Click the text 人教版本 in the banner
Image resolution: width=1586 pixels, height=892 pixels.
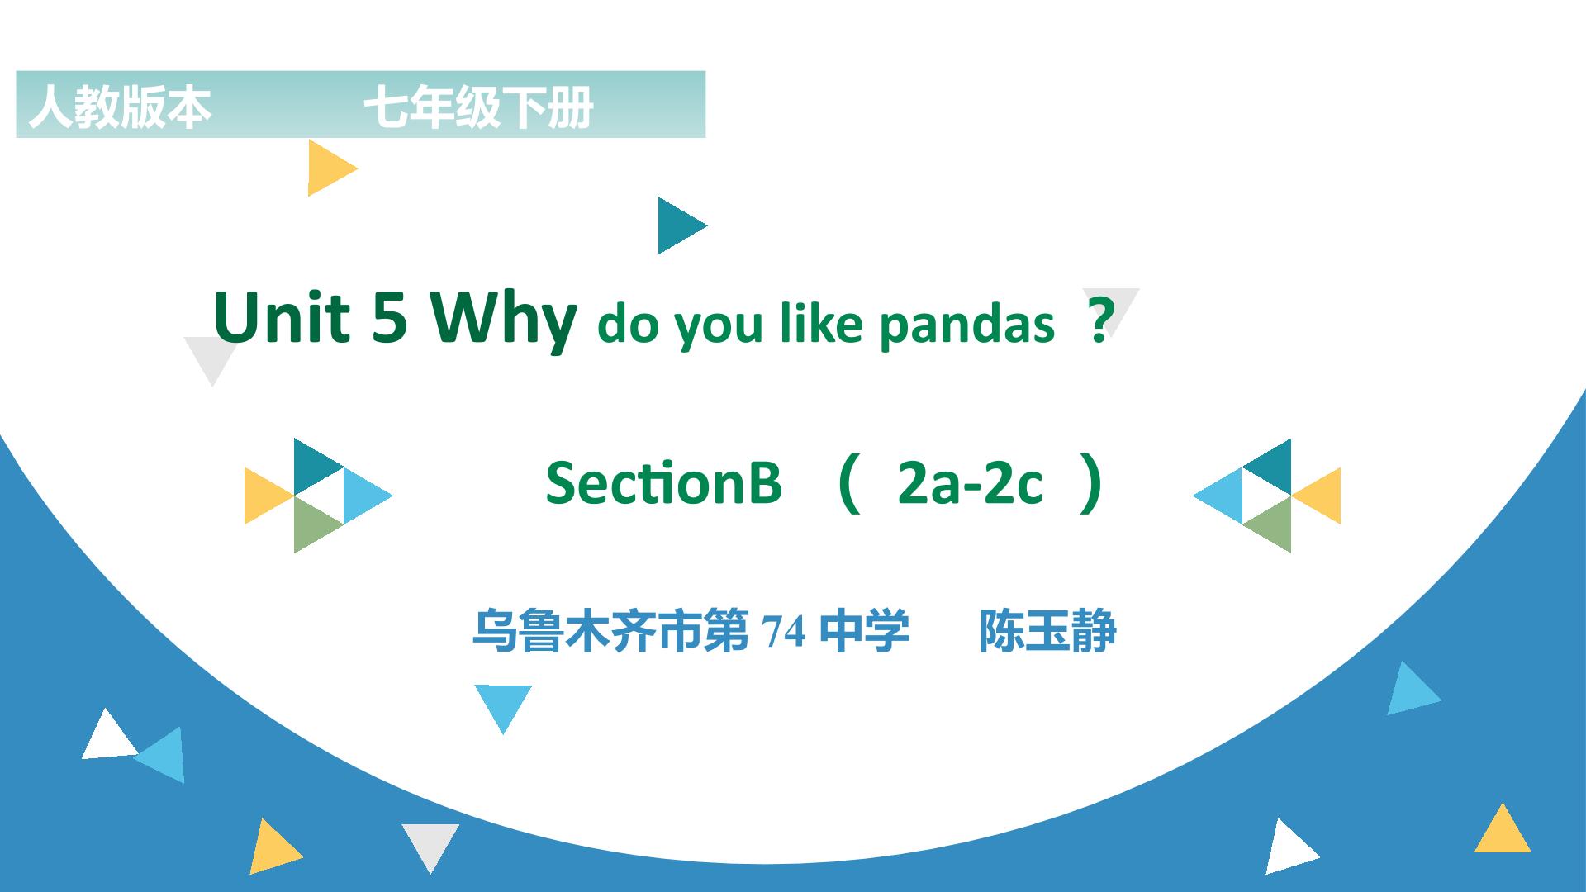point(121,107)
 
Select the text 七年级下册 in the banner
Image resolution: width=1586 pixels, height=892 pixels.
point(478,107)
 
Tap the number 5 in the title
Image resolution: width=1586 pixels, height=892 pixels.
point(390,317)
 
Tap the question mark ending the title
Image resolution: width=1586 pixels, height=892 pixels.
point(1099,324)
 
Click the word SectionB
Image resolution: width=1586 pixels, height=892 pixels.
point(663,482)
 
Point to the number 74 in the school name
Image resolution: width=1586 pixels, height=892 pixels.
point(784,633)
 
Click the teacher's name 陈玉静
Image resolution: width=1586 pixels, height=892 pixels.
point(1047,632)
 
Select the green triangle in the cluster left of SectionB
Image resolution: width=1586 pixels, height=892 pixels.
point(319,524)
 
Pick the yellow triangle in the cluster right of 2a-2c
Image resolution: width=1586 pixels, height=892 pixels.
point(1316,496)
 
